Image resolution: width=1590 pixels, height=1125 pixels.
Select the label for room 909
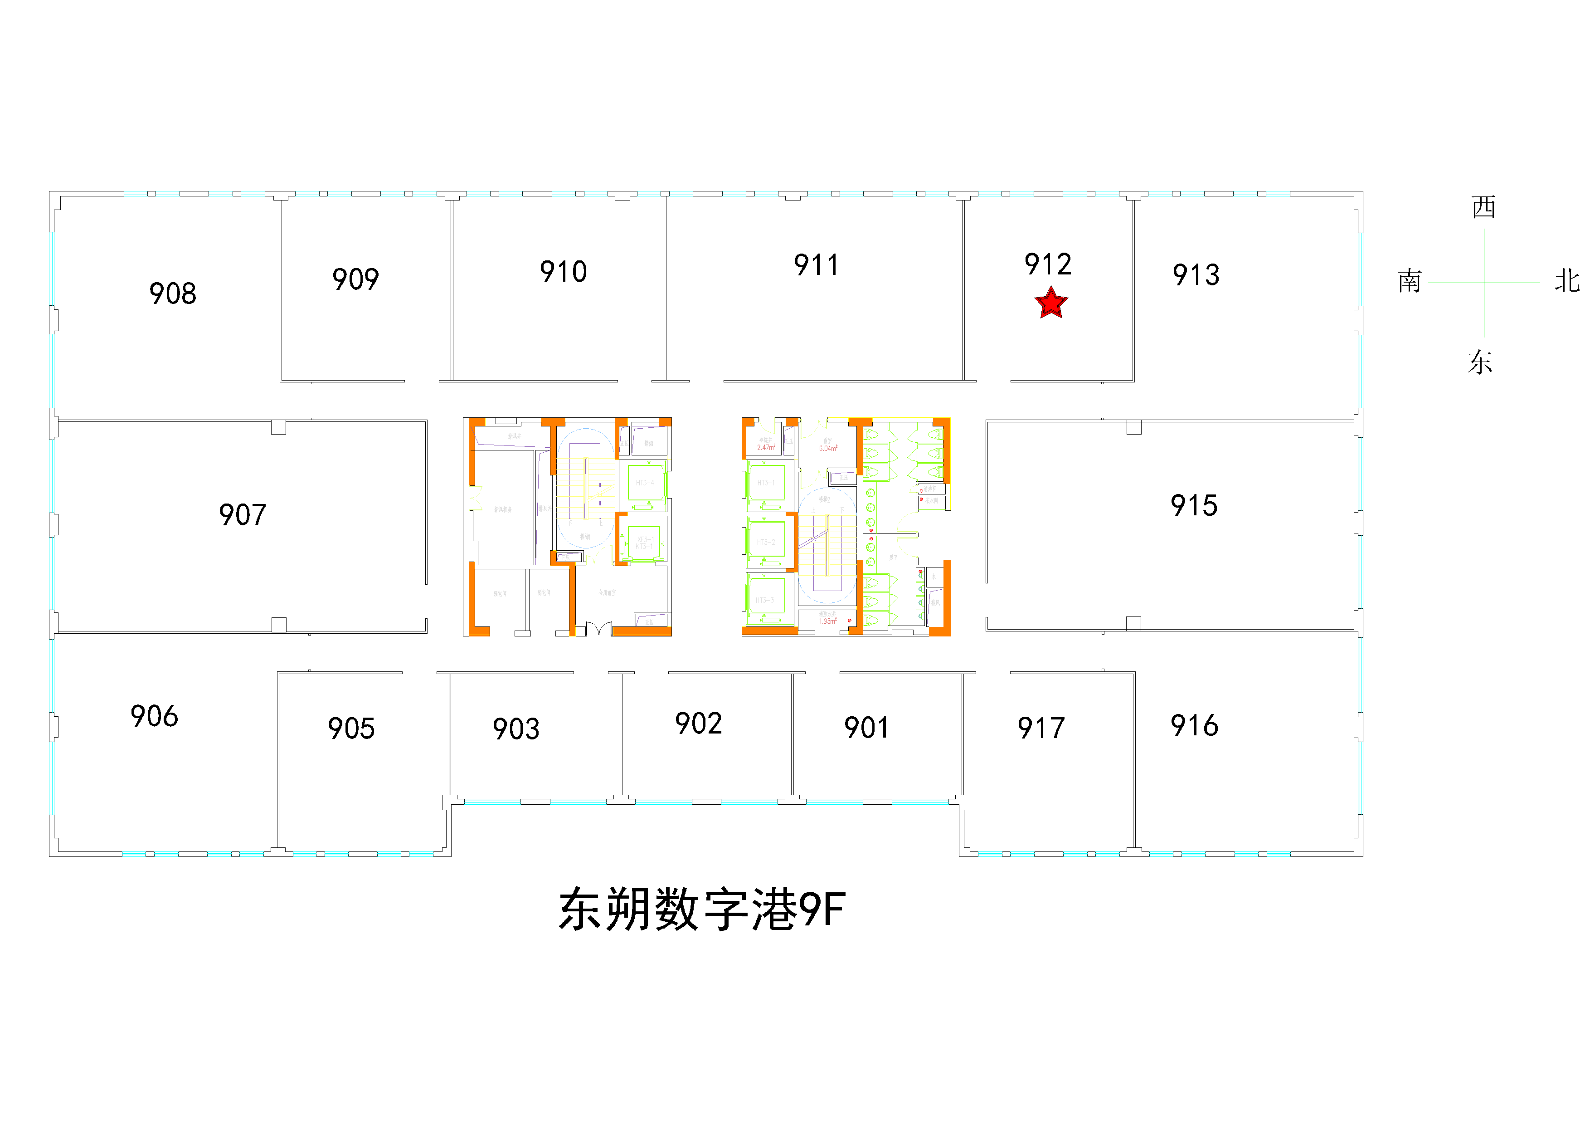click(355, 279)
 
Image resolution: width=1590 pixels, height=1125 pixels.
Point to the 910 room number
click(563, 272)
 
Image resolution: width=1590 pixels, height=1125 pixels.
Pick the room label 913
click(1196, 275)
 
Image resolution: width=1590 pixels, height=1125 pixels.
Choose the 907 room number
click(243, 515)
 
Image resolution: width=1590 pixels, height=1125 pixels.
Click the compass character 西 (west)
click(1483, 207)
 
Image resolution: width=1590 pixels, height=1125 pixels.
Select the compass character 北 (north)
click(1566, 281)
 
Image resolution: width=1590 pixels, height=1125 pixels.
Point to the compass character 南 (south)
click(1409, 281)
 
